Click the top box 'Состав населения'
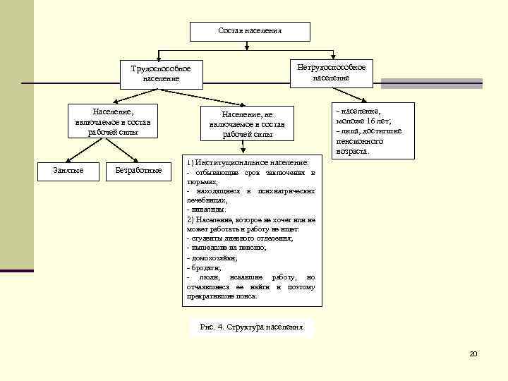tap(250, 32)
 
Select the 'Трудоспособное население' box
tap(161, 73)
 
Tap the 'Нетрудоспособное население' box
tap(331, 73)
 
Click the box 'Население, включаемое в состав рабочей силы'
tap(113, 121)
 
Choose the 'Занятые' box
tap(68, 170)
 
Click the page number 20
tap(473, 353)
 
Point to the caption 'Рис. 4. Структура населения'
tap(251, 327)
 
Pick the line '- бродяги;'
tap(205, 268)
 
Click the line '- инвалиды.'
tap(207, 210)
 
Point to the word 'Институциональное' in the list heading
tap(229, 163)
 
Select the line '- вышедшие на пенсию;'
tap(226, 248)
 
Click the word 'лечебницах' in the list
tap(205, 200)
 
